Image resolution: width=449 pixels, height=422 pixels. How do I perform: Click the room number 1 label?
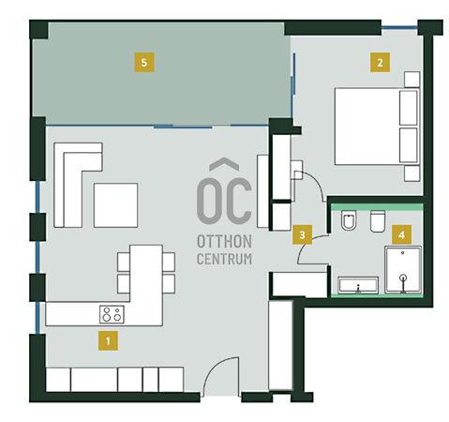pyautogui.click(x=108, y=340)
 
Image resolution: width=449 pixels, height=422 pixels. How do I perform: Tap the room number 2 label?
pyautogui.click(x=380, y=63)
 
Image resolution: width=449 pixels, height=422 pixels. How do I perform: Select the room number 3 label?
pyautogui.click(x=302, y=234)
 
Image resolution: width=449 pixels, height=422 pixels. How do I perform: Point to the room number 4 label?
pyautogui.click(x=401, y=234)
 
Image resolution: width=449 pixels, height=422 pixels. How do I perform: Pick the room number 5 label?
pyautogui.click(x=144, y=63)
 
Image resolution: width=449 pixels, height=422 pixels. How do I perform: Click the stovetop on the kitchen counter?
pyautogui.click(x=112, y=314)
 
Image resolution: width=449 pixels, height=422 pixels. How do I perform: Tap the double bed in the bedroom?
pyautogui.click(x=377, y=127)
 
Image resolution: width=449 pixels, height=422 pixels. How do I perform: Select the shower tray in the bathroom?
pyautogui.click(x=403, y=270)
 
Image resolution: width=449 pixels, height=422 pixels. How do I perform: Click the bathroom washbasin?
pyautogui.click(x=358, y=285)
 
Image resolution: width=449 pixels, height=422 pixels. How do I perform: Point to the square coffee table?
pyautogui.click(x=115, y=205)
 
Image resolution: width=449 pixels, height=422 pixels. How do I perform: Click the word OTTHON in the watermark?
pyautogui.click(x=224, y=241)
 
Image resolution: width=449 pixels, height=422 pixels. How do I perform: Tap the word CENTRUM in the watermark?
pyautogui.click(x=224, y=259)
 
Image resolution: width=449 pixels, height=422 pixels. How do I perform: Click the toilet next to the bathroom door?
pyautogui.click(x=349, y=220)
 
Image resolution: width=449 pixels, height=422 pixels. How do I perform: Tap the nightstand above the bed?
pyautogui.click(x=412, y=80)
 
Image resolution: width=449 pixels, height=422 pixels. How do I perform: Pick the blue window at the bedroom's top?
pyautogui.click(x=399, y=28)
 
